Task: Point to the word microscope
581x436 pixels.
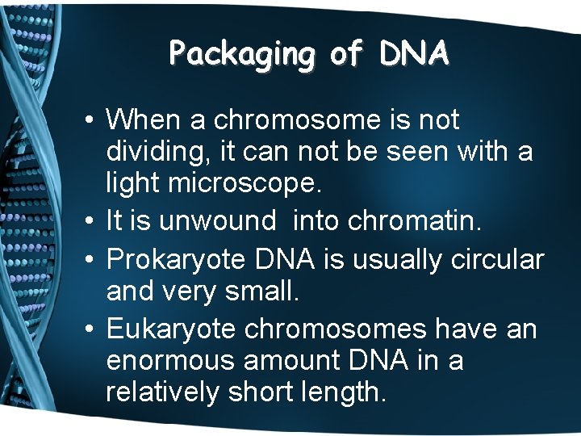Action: [243, 183]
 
